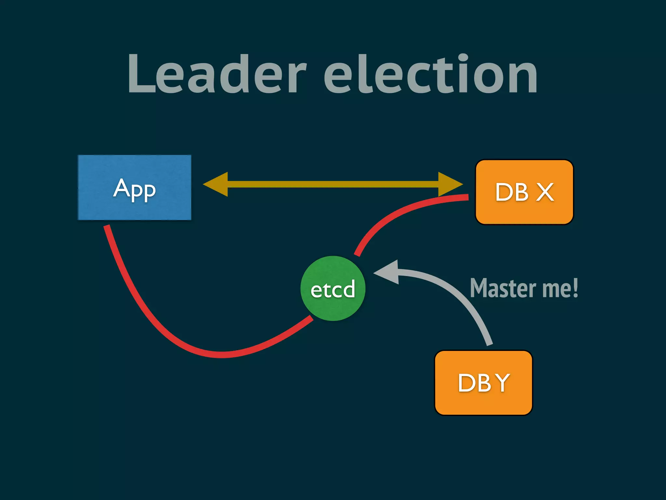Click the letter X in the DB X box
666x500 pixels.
tap(545, 192)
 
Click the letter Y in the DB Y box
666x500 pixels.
tap(503, 383)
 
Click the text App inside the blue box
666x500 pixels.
tap(134, 189)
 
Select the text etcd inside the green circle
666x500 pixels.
tap(333, 289)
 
